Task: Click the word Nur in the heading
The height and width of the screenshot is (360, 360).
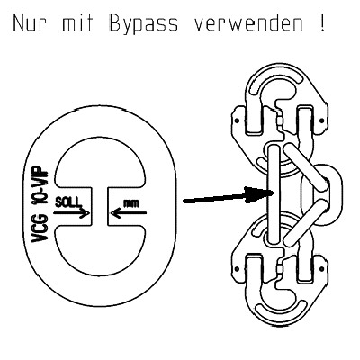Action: tap(30, 23)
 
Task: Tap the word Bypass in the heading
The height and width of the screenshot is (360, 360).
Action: tap(143, 24)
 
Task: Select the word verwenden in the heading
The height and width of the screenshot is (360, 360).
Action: tap(248, 23)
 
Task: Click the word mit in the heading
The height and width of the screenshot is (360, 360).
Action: tap(78, 23)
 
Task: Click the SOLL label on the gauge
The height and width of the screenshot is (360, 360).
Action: tap(68, 202)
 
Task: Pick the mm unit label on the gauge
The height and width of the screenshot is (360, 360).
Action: tap(131, 203)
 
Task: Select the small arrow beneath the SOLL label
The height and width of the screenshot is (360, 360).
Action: tap(71, 213)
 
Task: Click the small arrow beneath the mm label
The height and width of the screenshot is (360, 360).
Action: tap(129, 213)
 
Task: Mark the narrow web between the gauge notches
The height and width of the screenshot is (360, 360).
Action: tap(100, 206)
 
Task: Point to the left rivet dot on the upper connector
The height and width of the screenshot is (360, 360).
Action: tap(237, 121)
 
